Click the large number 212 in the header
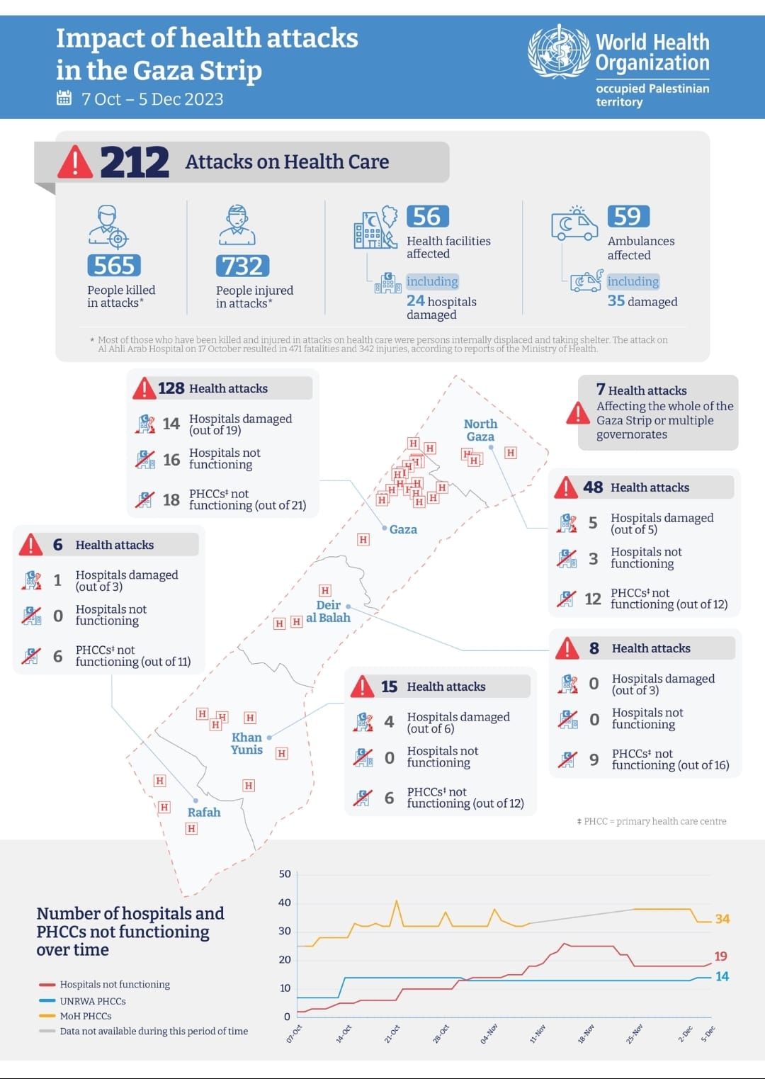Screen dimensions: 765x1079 coord(135,162)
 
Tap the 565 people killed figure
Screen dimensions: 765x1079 coord(114,266)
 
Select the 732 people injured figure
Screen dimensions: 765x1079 coord(242,266)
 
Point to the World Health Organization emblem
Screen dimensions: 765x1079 coord(559,51)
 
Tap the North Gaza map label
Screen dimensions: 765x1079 coord(480,430)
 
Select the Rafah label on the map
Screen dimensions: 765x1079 coord(204,812)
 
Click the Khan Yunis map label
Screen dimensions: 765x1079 coord(246,743)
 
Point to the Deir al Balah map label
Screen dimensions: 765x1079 coord(328,611)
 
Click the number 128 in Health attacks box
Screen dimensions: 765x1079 coord(171,388)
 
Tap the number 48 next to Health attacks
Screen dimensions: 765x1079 coord(593,487)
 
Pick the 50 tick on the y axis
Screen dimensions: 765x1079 coord(285,874)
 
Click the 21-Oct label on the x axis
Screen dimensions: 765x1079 coord(392,1034)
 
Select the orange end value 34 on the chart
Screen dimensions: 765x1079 coord(722,919)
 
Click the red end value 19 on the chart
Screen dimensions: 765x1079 coord(720,956)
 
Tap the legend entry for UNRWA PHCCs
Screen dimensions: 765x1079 coord(82,1001)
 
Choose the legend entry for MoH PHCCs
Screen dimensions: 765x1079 coord(75,1016)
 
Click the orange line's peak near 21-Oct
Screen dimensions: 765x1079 coord(397,900)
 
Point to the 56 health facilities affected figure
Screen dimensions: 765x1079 coord(428,216)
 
